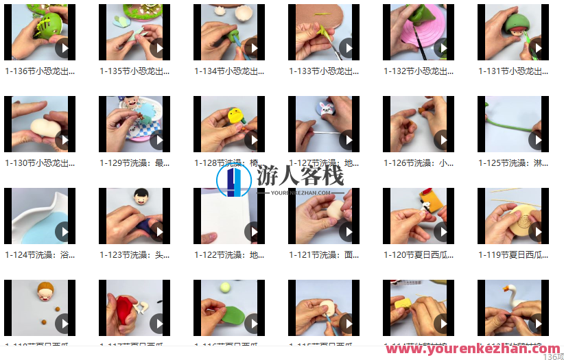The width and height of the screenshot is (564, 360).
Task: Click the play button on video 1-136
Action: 64,48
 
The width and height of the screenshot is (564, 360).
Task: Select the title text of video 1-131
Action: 513,71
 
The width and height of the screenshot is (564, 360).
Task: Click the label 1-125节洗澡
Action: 513,163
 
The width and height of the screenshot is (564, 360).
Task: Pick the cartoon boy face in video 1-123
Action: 142,198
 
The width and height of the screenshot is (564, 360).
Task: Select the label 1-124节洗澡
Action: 40,255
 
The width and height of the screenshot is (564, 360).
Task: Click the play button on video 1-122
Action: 254,232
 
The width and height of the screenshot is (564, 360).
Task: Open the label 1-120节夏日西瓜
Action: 419,255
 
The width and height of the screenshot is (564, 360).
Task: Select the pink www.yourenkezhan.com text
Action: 472,349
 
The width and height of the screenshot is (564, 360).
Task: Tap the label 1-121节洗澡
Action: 324,255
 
